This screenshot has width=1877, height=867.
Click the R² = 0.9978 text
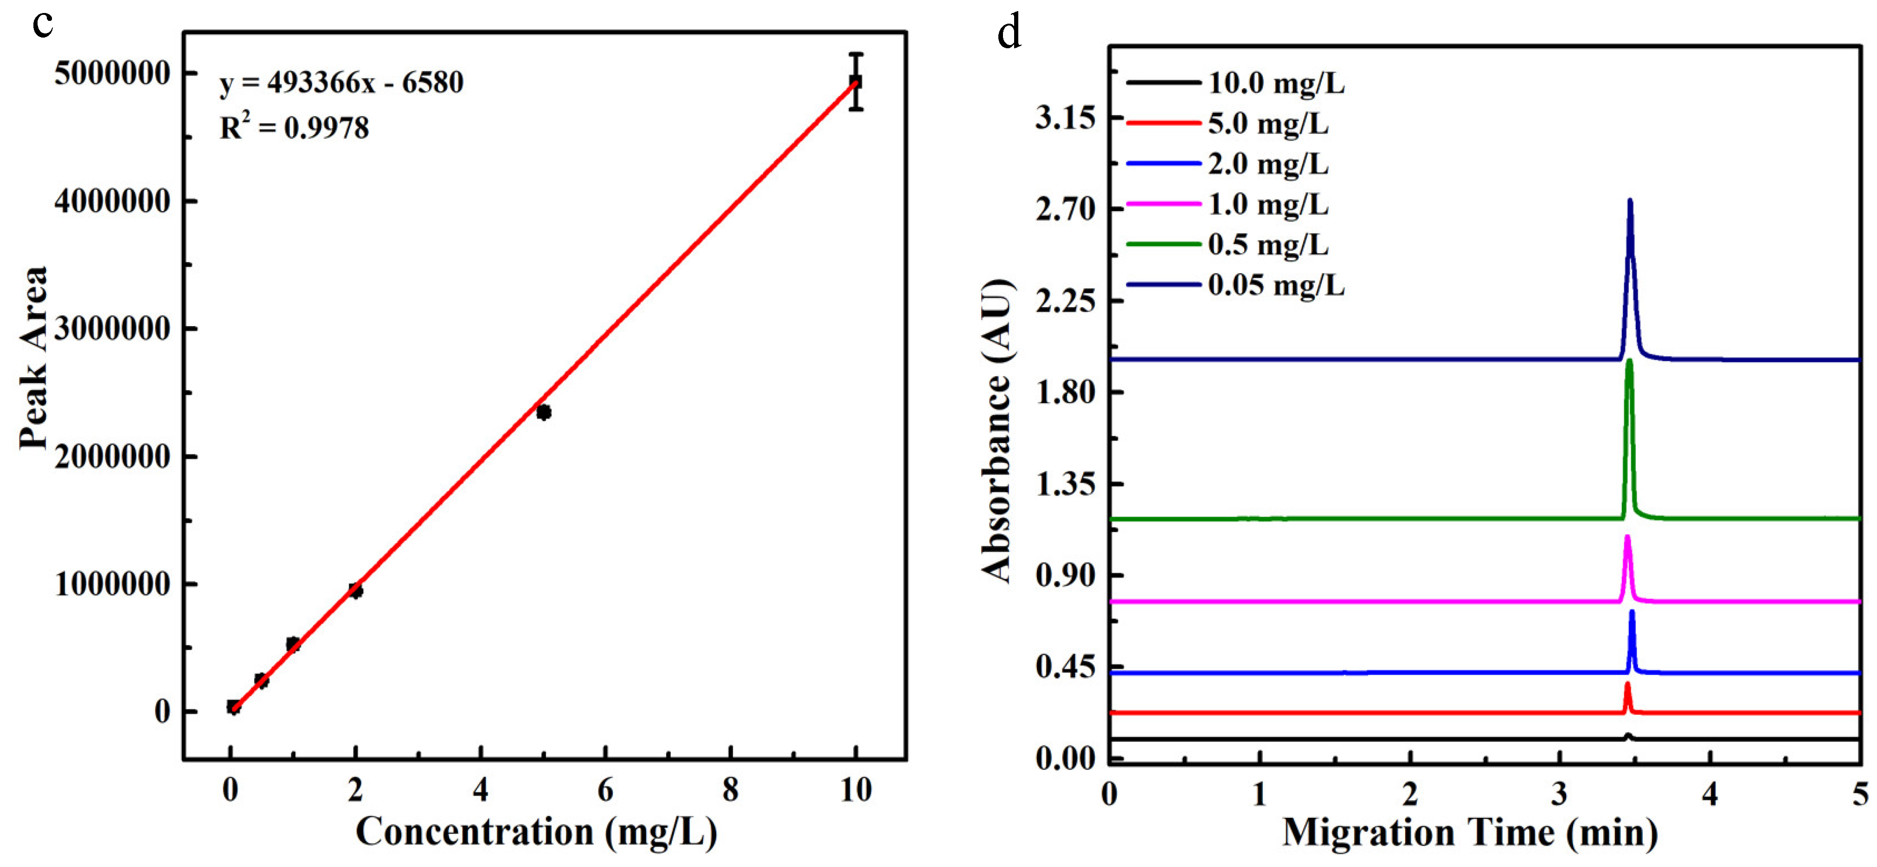[x=295, y=128]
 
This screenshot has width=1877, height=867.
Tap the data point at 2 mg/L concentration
[x=355, y=591]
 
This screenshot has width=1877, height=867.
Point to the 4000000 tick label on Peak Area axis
[x=112, y=202]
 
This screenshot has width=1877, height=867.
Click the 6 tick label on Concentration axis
[x=605, y=790]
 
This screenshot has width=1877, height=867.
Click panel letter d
[x=1009, y=33]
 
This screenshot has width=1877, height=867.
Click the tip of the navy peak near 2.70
[x=1630, y=201]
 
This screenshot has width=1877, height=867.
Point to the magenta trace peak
[x=1627, y=538]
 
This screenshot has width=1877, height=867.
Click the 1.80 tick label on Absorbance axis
[x=1065, y=393]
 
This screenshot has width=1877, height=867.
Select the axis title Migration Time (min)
[x=1470, y=832]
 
